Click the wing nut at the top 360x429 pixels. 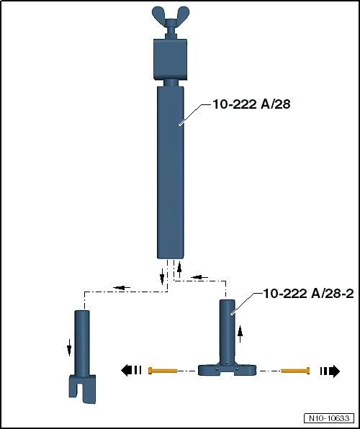click(x=171, y=17)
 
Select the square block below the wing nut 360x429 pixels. click(x=171, y=59)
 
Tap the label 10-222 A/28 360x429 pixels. click(x=251, y=104)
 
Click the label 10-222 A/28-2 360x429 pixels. click(x=308, y=294)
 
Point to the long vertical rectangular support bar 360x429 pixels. click(x=171, y=172)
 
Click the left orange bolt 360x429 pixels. click(x=163, y=371)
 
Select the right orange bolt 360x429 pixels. click(x=295, y=371)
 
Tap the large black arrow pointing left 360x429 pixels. click(x=131, y=371)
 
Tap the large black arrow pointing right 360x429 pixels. click(x=330, y=371)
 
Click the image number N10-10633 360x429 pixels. click(x=329, y=418)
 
